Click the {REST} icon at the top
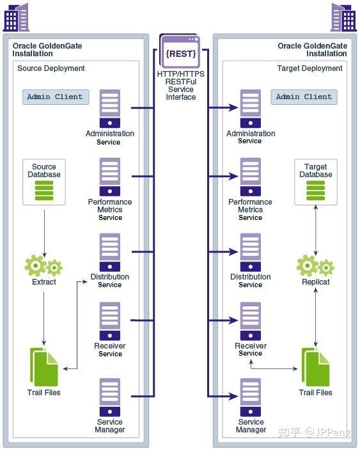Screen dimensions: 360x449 pos(180,51)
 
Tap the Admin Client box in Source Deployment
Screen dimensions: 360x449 pos(56,97)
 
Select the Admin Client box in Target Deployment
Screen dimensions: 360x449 pos(304,97)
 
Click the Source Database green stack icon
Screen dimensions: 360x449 pos(44,191)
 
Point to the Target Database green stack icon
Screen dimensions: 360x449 pos(316,191)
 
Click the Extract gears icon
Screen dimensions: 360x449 pos(43,266)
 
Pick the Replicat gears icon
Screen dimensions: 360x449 pos(315,266)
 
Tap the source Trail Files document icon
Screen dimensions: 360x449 pos(43,367)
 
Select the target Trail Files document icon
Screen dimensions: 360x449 pos(315,367)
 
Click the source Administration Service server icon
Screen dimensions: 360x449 pos(110,109)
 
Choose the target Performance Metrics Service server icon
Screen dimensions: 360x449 pos(251,177)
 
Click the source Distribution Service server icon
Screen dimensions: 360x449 pos(110,252)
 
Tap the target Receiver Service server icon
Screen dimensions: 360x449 pos(251,321)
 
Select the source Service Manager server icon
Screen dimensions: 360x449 pos(110,397)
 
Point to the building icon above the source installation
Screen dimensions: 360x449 pos(17,17)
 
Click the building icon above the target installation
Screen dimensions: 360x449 pos(343,17)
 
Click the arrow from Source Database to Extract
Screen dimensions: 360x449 pos(44,233)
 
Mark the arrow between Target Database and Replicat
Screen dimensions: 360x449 pos(316,230)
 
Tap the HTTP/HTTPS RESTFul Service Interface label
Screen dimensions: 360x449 pos(180,86)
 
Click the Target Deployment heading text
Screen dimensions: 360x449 pos(309,68)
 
